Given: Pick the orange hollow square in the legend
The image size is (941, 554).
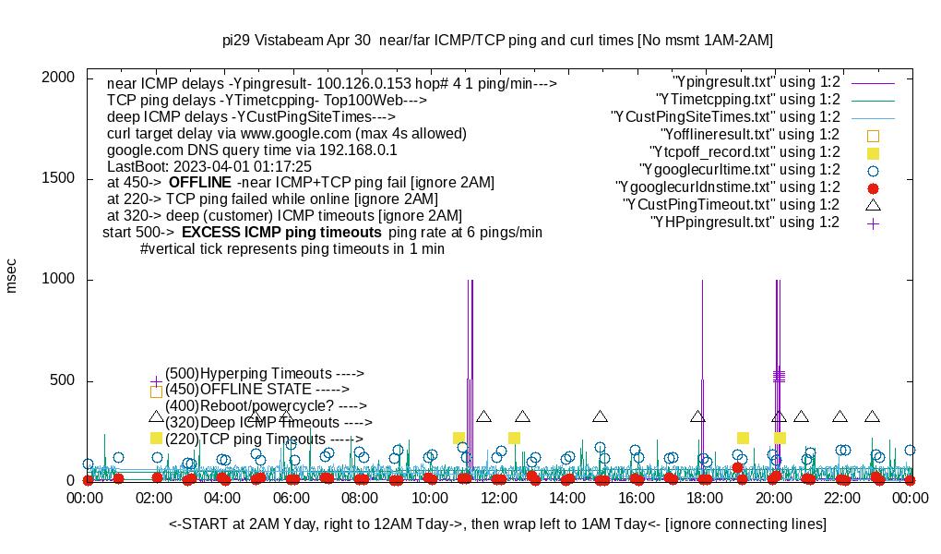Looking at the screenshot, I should (873, 136).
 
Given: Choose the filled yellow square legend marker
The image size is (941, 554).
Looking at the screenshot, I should (873, 153).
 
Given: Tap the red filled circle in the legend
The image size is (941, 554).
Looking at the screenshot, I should (873, 187).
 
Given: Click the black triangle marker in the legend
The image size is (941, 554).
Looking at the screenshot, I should (873, 204).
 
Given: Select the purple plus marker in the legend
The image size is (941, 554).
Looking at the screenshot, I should (873, 223).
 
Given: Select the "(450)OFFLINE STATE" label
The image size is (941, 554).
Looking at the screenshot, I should (250, 390).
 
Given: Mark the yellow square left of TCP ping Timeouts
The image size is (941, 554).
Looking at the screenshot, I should (156, 439).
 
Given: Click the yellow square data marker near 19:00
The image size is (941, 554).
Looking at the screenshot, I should (743, 438).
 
